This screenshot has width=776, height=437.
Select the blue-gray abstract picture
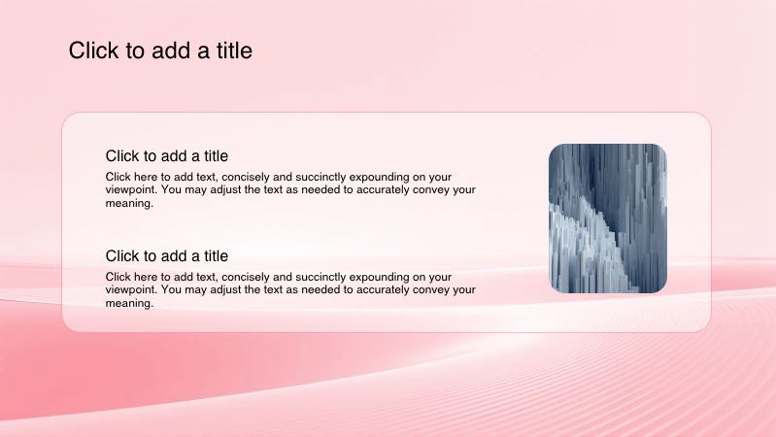point(607,218)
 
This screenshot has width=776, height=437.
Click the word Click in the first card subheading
point(123,155)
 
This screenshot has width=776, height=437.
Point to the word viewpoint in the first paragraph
point(130,190)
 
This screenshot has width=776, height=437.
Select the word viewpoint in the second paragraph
point(130,289)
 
